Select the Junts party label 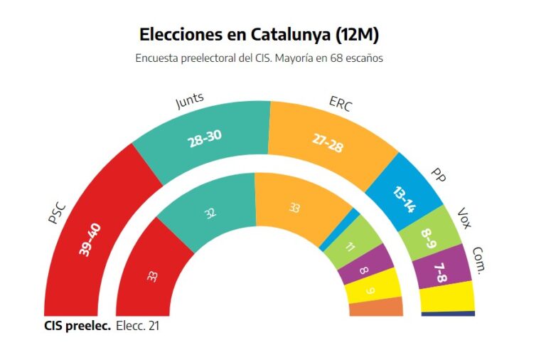click(x=190, y=102)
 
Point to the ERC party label click(x=340, y=103)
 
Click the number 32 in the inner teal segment click(x=210, y=213)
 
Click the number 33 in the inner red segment click(x=152, y=275)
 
